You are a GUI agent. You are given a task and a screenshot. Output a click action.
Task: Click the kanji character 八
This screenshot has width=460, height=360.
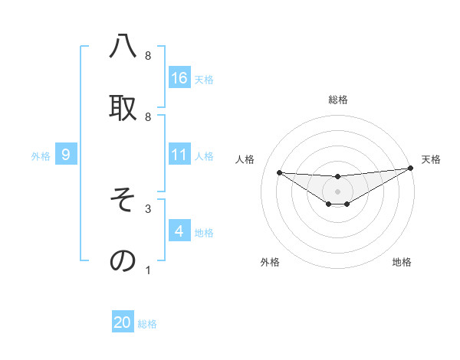click(123, 47)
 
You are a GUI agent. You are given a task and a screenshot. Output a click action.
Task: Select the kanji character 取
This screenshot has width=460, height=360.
click(123, 107)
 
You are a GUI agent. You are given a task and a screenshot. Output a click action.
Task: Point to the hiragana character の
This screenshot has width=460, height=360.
click(123, 260)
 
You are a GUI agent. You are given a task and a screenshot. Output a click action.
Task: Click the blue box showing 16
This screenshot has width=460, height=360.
click(179, 77)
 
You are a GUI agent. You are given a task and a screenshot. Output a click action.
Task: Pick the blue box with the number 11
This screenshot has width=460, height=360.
click(179, 155)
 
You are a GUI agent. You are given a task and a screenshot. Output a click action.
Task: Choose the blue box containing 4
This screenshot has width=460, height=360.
click(179, 231)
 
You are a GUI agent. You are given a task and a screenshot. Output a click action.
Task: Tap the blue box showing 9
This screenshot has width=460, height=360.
click(66, 155)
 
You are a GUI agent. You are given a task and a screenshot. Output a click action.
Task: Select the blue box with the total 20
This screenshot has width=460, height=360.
click(123, 322)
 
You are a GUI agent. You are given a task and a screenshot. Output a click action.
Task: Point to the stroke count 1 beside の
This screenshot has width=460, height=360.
click(148, 270)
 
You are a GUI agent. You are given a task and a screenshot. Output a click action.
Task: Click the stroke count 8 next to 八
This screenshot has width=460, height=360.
click(148, 56)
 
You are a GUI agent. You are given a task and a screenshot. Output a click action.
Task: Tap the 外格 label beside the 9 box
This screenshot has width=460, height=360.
click(41, 156)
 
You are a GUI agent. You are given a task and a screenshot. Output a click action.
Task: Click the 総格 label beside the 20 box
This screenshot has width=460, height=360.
click(147, 324)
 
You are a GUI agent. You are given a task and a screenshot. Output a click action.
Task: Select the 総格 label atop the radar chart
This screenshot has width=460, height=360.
click(337, 100)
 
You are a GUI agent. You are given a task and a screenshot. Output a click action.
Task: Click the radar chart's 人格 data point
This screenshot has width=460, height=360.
click(279, 172)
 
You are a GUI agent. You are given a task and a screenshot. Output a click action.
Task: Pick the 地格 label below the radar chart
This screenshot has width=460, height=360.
click(402, 262)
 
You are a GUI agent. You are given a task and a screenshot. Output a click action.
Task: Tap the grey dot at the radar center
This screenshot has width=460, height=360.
click(337, 191)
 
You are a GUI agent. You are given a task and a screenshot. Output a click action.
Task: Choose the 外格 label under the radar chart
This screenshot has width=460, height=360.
click(270, 262)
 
